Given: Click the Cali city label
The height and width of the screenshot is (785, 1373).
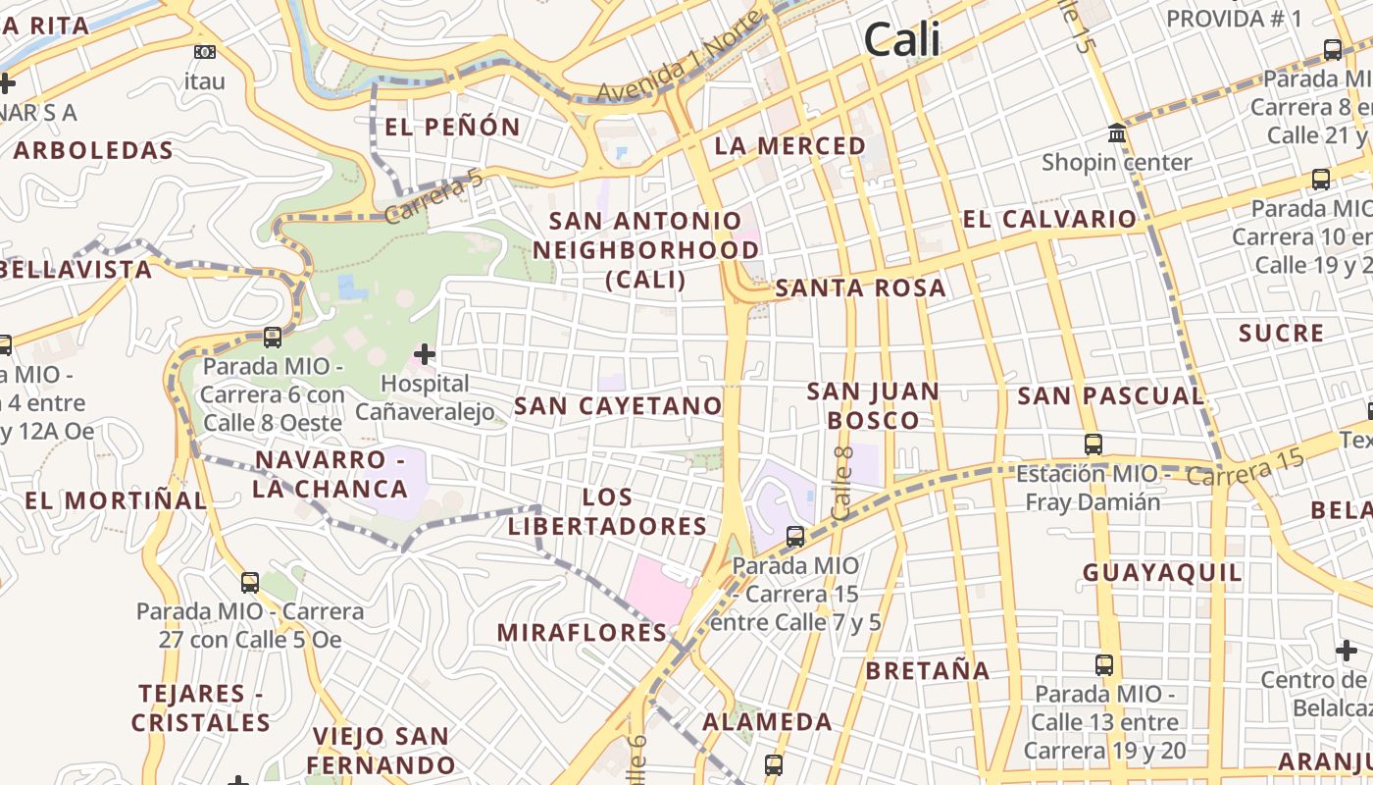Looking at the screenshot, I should (902, 40).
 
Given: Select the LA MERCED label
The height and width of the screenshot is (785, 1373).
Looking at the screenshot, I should (790, 146).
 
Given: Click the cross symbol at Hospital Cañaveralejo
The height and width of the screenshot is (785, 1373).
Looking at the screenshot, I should (425, 353).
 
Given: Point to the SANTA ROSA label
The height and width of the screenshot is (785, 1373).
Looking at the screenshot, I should (861, 288).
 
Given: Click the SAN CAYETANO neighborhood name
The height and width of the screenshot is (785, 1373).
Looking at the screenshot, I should (618, 406).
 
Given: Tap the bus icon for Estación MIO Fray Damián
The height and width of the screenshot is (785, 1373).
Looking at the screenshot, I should (1093, 445).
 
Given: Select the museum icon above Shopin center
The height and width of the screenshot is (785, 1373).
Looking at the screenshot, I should (1117, 132).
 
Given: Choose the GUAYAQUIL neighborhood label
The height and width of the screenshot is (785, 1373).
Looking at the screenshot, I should (1162, 573).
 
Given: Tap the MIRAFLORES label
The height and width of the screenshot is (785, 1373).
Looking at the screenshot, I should (583, 633).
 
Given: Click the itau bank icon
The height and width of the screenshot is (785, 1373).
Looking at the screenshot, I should (205, 52).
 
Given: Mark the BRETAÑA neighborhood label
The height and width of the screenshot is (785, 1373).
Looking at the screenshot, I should (928, 671).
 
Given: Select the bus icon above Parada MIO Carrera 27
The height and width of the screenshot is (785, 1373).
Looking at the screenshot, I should (250, 582).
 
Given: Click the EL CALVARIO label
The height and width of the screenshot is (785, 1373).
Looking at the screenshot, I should (1049, 219).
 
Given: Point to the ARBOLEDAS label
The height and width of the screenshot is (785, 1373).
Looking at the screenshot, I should (93, 151).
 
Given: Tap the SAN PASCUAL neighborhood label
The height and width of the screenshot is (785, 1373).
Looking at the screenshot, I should (1110, 396).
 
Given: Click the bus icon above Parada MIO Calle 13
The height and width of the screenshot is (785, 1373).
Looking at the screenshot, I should (1104, 665).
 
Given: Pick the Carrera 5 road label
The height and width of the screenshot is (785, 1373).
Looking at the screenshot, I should (434, 196).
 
